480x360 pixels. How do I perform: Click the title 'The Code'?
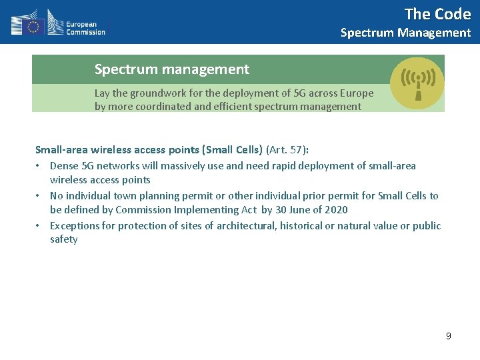pos(437,14)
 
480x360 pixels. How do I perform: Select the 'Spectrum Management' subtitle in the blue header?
pos(405,33)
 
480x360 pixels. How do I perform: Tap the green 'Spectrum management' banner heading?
pos(172,69)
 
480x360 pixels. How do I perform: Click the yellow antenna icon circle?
pos(417,83)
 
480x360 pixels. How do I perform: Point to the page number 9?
pos(449,336)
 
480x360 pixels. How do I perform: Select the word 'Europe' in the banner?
pos(357,93)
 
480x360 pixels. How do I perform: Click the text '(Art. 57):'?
pos(287,150)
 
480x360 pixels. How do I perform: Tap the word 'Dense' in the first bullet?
pos(63,165)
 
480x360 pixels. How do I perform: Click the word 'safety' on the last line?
pos(64,239)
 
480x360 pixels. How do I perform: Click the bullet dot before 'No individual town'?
pos(40,196)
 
